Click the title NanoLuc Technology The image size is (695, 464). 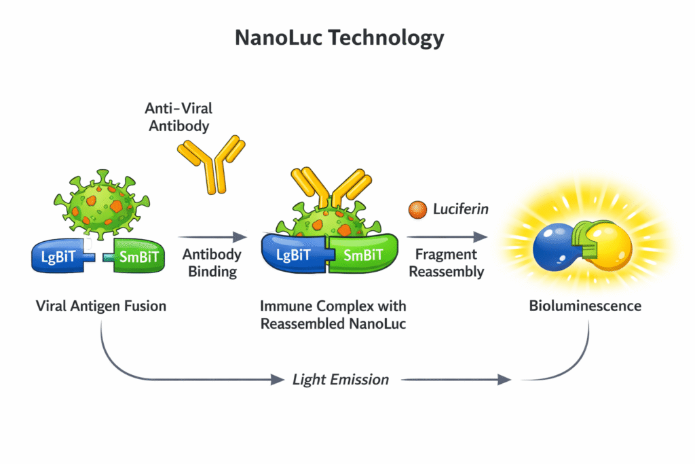(x=339, y=37)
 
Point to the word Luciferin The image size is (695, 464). (x=460, y=209)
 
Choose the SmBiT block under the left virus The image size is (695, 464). (x=137, y=257)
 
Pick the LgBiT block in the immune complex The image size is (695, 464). (x=294, y=255)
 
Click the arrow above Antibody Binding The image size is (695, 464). (x=212, y=237)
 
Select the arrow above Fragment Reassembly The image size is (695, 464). (x=448, y=237)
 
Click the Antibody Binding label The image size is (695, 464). (x=212, y=264)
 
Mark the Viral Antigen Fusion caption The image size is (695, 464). (x=100, y=306)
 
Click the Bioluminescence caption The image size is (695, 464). (x=585, y=306)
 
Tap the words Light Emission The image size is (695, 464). (x=341, y=379)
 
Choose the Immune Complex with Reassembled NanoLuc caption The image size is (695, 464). (x=333, y=315)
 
